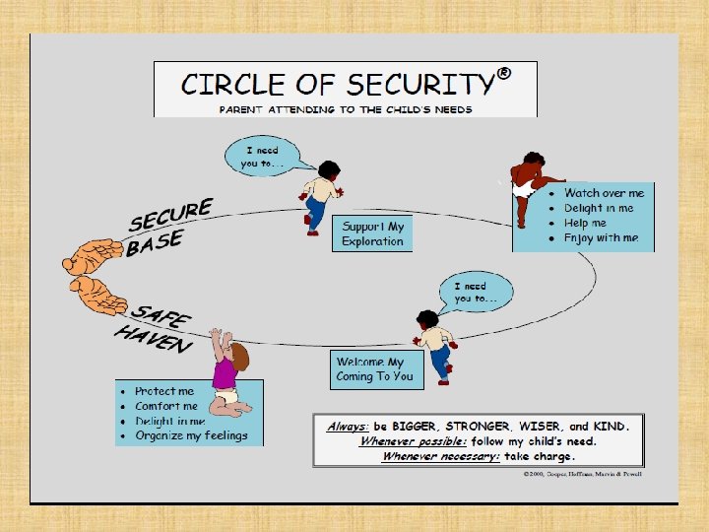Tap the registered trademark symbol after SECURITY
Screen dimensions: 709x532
tap(503, 73)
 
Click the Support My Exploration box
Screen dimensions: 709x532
tap(372, 233)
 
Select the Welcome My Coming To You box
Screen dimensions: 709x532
tap(374, 368)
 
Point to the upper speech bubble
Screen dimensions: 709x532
tap(263, 157)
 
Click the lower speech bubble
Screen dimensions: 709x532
tap(483, 292)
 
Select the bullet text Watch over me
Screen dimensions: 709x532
tap(604, 193)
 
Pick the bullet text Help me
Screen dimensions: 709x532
tap(585, 223)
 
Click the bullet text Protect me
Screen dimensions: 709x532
tap(164, 391)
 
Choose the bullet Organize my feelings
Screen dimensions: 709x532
tap(191, 435)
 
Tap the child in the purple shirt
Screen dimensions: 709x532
tap(227, 375)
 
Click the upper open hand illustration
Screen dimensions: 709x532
tap(94, 255)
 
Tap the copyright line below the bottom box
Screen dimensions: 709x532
tap(582, 474)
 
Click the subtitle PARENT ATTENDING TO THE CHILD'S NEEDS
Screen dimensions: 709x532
tap(345, 108)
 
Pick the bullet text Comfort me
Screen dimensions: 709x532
tap(166, 406)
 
